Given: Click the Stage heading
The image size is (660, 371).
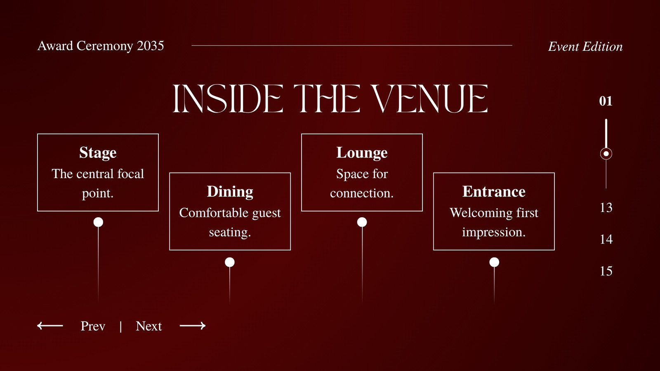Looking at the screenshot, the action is (98, 153).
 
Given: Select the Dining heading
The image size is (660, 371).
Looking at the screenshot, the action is (230, 192).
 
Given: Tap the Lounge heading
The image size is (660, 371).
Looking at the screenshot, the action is (362, 153).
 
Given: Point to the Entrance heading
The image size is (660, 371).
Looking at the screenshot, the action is (494, 192).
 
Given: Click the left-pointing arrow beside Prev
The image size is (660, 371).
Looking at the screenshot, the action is (50, 326).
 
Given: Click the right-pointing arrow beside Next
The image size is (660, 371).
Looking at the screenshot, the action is (193, 326).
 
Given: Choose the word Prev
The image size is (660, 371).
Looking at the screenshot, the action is (93, 326).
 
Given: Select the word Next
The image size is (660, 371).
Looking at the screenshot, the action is (149, 326).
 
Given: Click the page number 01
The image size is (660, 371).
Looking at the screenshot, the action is (606, 101).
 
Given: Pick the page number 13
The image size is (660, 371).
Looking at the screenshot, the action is (606, 208).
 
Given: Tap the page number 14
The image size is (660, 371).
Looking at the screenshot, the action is (606, 240).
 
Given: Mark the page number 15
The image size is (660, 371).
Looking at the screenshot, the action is (606, 271).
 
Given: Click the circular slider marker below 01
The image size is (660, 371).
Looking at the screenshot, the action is (606, 154).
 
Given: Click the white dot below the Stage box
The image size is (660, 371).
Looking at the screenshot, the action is (98, 222).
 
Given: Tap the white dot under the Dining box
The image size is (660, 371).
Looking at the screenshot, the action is (230, 262).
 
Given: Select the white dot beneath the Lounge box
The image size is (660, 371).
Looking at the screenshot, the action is (362, 222).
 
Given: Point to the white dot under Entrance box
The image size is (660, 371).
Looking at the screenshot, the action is (494, 262).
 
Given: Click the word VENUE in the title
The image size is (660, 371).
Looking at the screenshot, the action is (429, 99).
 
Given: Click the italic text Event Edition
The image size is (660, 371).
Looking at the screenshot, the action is (585, 47).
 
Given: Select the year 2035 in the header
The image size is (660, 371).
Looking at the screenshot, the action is (150, 46).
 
